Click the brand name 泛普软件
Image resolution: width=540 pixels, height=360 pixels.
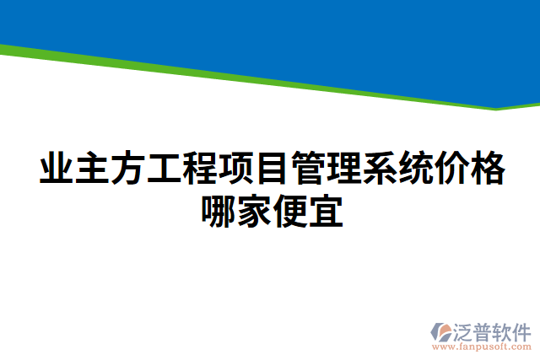tap(492, 329)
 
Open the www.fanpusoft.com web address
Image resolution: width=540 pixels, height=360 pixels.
tap(483, 346)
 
